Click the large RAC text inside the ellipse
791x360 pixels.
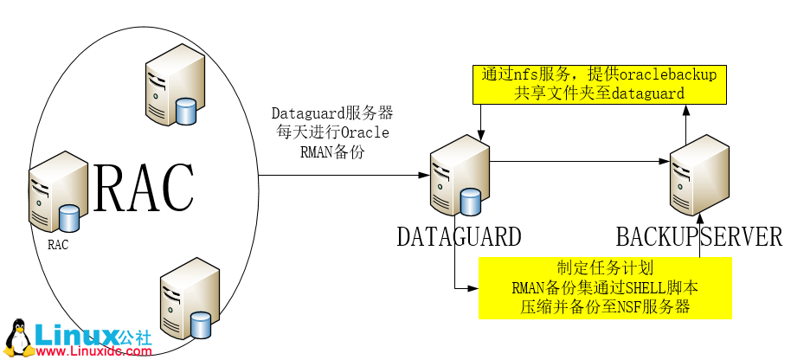pos(144,188)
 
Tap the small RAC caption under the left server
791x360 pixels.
pos(58,244)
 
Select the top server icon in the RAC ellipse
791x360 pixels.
pos(171,87)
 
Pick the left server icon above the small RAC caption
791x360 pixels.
pos(55,195)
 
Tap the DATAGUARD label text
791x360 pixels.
pos(459,236)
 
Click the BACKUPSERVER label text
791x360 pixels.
pos(698,236)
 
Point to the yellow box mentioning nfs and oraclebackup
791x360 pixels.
pos(598,83)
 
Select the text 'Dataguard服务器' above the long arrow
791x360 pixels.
pos(332,113)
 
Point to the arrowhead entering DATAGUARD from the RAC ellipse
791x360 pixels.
pos(423,177)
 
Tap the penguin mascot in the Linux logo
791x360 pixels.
pos(17,337)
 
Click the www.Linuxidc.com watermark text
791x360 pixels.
pos(93,351)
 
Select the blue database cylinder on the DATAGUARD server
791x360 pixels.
pos(470,202)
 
